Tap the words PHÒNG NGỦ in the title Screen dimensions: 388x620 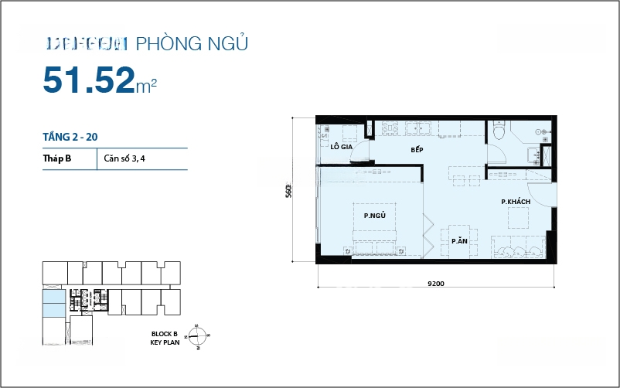192,43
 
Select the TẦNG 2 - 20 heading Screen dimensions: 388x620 70,137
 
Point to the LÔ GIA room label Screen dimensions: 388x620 341,146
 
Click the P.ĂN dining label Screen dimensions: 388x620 460,241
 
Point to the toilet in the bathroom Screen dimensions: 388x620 499,134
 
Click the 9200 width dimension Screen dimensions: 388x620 435,283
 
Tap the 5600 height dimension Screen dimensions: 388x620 288,190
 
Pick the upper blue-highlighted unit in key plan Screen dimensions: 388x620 54,298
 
